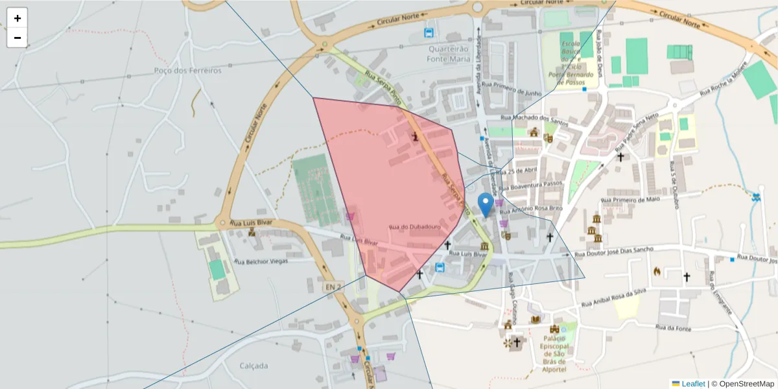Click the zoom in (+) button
[x=18, y=18]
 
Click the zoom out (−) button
[x=18, y=38]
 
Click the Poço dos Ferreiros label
[x=188, y=70]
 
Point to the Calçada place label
[x=253, y=366]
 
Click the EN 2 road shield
[x=333, y=286]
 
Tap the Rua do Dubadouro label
[x=415, y=228]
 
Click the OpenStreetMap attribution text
[x=742, y=384]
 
